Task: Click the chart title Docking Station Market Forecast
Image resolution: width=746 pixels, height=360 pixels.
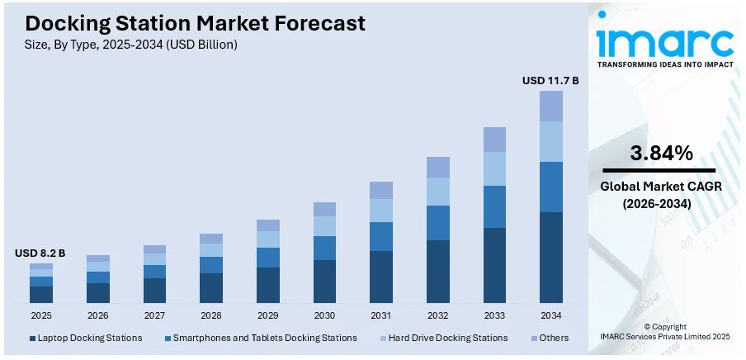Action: click(195, 23)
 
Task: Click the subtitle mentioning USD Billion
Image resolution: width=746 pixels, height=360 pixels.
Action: click(131, 45)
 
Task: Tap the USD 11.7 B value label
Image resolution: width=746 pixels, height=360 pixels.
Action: click(550, 81)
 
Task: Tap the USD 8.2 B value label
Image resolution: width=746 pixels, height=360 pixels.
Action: click(40, 253)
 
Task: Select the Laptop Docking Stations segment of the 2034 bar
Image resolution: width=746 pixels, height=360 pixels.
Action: click(551, 257)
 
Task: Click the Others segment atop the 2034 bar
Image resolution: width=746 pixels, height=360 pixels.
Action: click(551, 106)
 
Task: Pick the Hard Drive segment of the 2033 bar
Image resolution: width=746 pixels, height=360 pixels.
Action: click(494, 169)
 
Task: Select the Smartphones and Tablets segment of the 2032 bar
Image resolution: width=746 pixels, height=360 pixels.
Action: click(438, 223)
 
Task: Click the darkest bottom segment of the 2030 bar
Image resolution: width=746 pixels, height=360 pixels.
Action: click(324, 281)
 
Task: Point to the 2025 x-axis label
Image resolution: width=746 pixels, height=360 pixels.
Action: click(41, 315)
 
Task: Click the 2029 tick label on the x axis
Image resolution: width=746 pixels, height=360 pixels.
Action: click(268, 315)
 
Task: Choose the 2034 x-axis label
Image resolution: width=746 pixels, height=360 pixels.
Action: click(551, 315)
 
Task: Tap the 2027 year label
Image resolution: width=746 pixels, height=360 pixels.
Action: click(154, 315)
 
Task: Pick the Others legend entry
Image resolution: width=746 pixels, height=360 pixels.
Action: click(551, 338)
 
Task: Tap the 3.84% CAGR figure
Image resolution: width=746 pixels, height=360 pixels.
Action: click(661, 153)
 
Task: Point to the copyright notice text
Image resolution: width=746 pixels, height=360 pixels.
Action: click(664, 332)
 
